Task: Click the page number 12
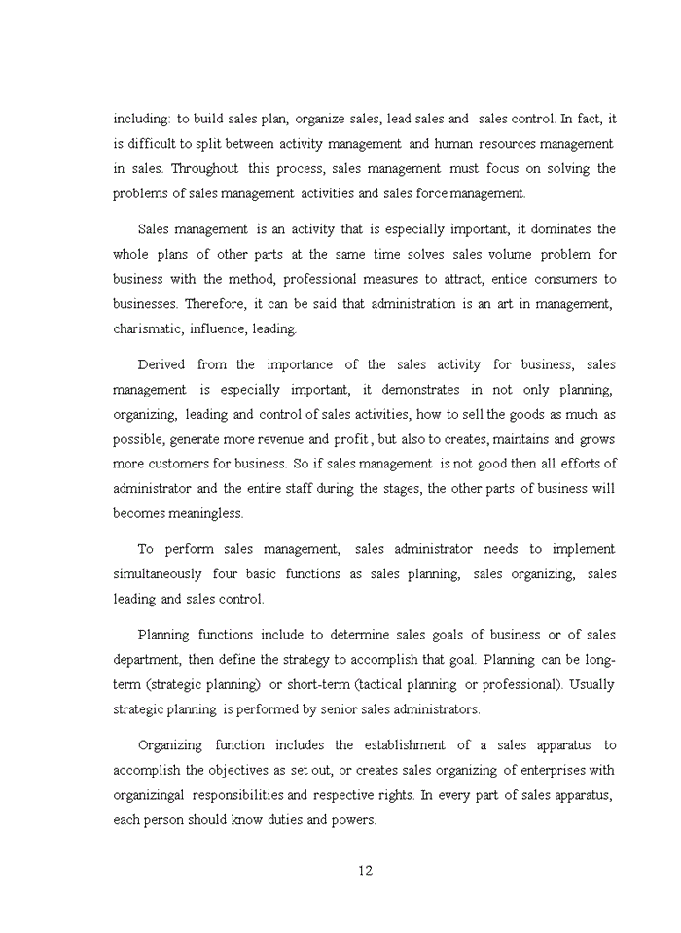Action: pyautogui.click(x=365, y=870)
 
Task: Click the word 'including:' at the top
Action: pyautogui.click(x=143, y=119)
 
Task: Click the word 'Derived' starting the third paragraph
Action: pyautogui.click(x=161, y=364)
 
